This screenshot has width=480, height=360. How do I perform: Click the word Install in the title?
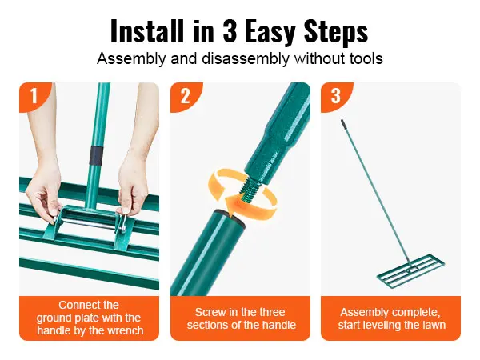(x=147, y=31)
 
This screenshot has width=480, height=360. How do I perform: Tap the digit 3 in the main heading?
(x=230, y=31)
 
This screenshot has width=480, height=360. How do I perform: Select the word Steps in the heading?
(x=336, y=33)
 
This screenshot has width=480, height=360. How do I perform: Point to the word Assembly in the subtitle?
(x=131, y=58)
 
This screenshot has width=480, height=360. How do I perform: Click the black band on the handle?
(x=96, y=155)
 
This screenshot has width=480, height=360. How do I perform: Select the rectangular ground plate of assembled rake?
(x=410, y=270)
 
